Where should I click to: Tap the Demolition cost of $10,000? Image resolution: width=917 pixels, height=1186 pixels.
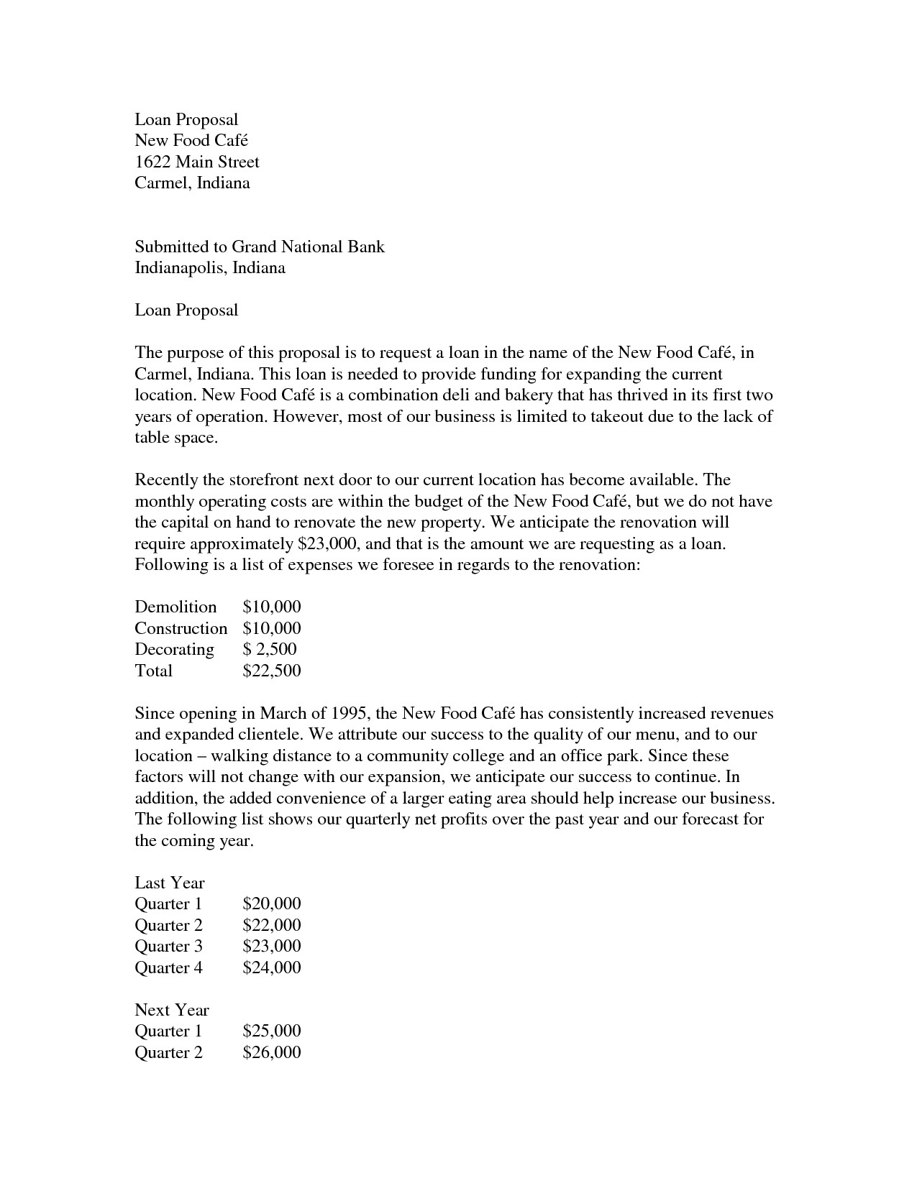click(271, 607)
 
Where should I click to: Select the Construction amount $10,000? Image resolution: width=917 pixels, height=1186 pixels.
click(271, 628)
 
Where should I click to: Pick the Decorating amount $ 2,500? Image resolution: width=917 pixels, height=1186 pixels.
click(270, 649)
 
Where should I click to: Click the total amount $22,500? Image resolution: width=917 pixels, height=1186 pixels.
click(271, 671)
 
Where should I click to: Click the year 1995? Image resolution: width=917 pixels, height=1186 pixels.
click(350, 713)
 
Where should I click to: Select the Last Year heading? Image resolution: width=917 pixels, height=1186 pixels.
click(170, 883)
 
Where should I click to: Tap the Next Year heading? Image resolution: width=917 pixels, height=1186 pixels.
click(172, 1010)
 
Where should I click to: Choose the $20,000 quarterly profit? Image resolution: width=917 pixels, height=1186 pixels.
click(271, 904)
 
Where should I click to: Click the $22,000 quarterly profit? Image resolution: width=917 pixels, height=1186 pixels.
click(271, 925)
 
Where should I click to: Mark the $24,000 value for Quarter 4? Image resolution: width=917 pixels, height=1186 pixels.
click(271, 967)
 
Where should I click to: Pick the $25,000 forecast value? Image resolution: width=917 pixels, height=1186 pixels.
click(271, 1031)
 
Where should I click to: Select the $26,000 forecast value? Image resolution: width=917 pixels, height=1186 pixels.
click(271, 1052)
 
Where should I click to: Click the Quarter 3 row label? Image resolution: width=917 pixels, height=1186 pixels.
click(168, 946)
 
